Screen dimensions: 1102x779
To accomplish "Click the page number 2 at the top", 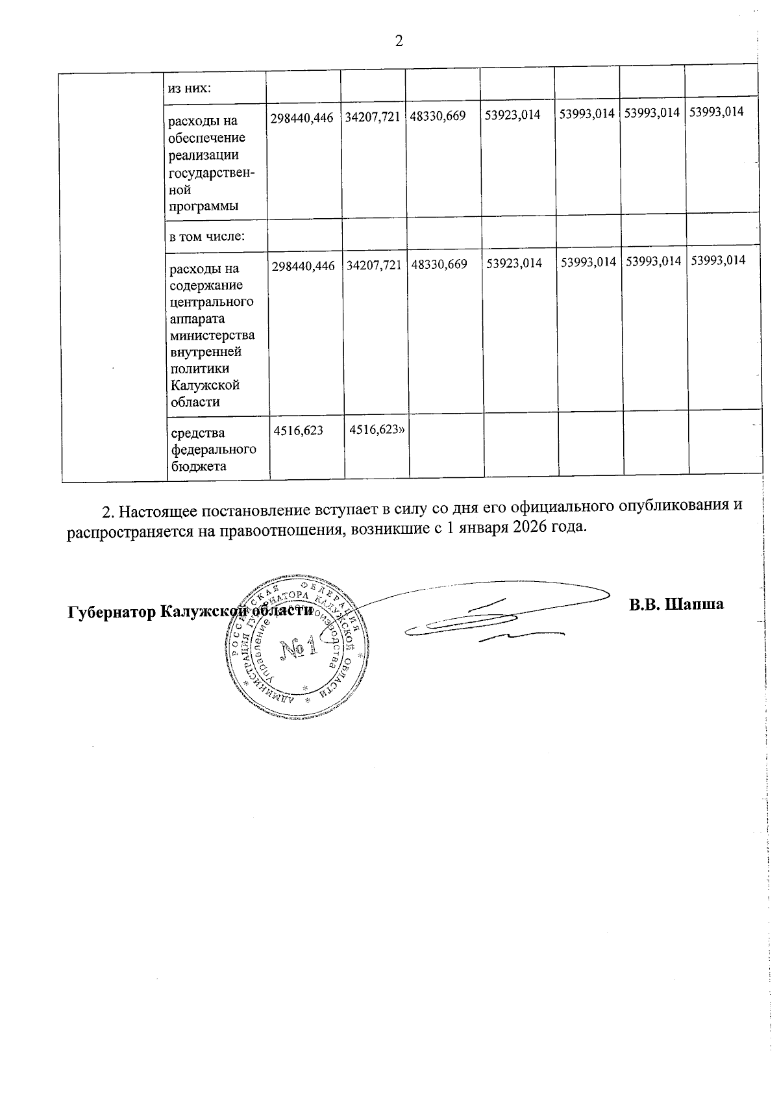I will pyautogui.click(x=399, y=42).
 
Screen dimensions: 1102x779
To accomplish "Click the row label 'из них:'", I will pyautogui.click(x=190, y=88).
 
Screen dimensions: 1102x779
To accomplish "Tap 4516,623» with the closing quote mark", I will pyautogui.click(x=373, y=429).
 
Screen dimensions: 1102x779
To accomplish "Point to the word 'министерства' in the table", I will pyautogui.click(x=212, y=336).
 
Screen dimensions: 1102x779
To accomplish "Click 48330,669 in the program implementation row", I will pyautogui.click(x=438, y=116).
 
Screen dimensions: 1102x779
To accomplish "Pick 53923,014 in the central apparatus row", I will pyautogui.click(x=514, y=264).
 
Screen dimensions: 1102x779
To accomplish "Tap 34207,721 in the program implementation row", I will pyautogui.click(x=373, y=116).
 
